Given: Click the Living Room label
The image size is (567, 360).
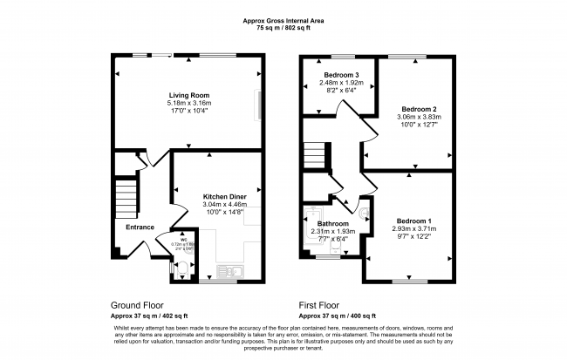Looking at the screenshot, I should (x=188, y=95).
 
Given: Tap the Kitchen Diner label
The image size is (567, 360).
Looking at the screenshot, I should (x=225, y=197).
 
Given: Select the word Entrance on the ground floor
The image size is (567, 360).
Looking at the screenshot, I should (x=140, y=227).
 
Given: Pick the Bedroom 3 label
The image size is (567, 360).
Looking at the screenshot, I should (x=333, y=76).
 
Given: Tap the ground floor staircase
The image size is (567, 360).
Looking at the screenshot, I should (x=127, y=194).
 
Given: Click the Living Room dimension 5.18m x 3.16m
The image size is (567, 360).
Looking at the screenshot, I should (x=188, y=104).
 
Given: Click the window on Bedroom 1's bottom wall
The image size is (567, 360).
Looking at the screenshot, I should (x=407, y=281).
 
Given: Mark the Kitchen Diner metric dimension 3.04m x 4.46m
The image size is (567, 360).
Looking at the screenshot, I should (x=225, y=205).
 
